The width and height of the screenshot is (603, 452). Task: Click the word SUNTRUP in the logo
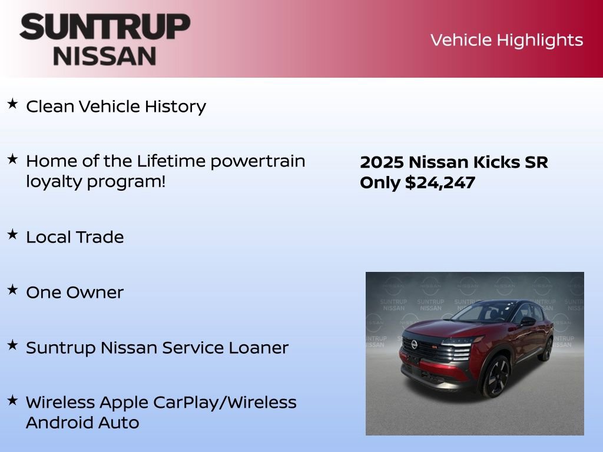105,27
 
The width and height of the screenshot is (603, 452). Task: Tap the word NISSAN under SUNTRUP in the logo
105,56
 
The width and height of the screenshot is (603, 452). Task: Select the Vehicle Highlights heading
506,40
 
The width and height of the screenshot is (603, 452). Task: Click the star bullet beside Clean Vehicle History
12,104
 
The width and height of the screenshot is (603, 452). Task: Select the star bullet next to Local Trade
12,234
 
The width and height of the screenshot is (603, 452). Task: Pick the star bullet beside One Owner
12,290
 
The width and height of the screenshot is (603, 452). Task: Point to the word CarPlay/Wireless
225,403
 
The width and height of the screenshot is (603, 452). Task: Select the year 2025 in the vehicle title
381,162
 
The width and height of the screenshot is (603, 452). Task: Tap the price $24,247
440,183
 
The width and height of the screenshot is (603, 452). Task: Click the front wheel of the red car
496,377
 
